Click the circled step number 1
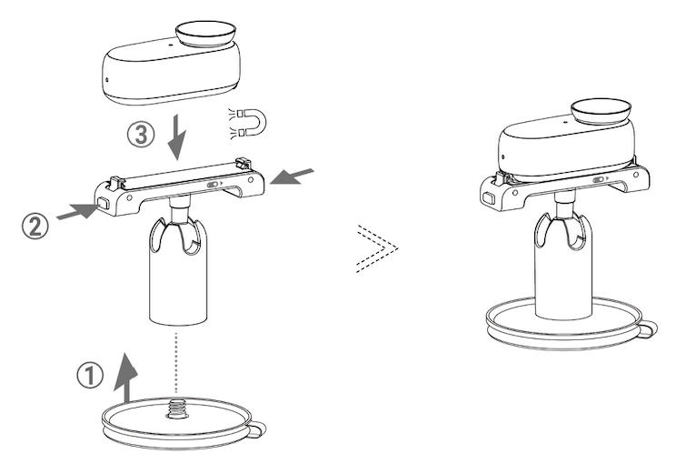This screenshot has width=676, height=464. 90,375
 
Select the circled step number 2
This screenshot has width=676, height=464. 35,227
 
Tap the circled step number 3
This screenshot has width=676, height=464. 141,135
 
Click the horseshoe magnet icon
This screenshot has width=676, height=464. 249,123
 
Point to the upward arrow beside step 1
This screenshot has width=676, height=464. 126,378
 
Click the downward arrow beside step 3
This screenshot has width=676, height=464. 177,136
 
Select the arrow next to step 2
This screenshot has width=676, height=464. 78,212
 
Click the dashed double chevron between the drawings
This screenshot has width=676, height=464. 377,249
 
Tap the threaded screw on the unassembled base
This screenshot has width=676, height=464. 175,409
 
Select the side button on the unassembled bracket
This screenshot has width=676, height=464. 104,203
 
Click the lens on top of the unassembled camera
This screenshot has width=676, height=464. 206,34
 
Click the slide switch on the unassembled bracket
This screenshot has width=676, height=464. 213,185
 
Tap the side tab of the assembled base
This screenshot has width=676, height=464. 648,329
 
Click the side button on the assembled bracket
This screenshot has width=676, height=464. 489,197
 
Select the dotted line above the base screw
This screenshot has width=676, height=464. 175,363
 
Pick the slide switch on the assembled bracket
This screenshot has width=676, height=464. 599,179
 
